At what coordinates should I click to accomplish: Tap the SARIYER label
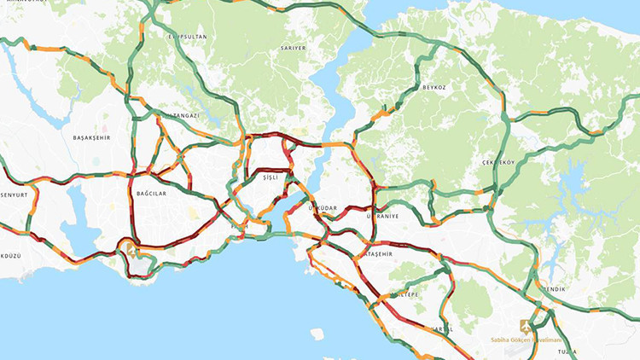click(x=292, y=49)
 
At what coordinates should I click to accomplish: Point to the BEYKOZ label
click(x=433, y=87)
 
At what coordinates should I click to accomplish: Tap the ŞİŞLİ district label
click(x=271, y=177)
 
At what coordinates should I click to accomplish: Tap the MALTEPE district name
click(x=403, y=294)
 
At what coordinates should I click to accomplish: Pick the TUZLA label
click(x=567, y=351)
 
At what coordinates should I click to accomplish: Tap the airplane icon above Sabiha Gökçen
click(x=525, y=325)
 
